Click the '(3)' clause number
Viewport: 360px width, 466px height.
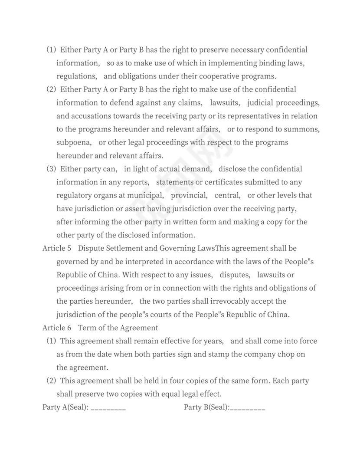coord(52,169)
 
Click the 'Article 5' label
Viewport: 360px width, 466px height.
coord(56,248)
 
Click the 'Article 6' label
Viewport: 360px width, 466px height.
coord(56,328)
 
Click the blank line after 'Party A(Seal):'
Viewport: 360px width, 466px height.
coord(108,408)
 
